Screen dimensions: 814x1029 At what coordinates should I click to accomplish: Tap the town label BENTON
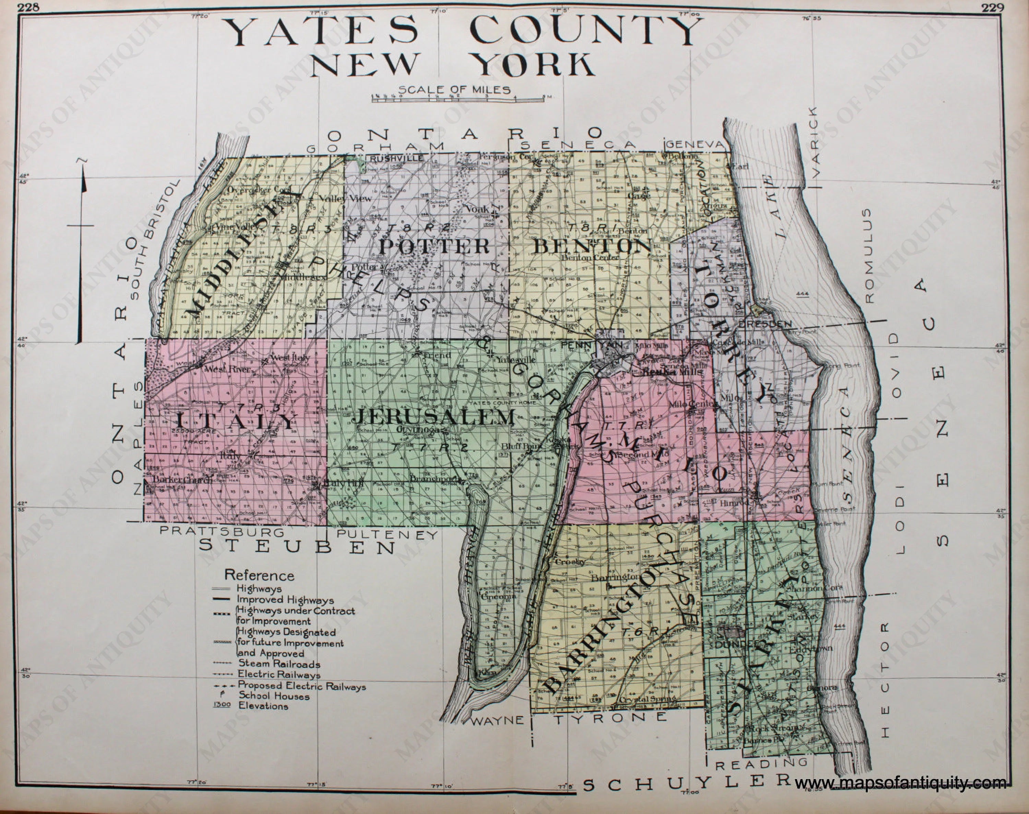click(x=591, y=247)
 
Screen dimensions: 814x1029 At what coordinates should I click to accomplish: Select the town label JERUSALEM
click(x=435, y=418)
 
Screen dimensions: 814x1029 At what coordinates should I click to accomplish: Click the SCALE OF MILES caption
click(x=455, y=89)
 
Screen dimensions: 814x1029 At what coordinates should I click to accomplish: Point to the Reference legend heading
click(x=259, y=575)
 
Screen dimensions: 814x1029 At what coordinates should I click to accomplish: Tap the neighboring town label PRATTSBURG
click(x=222, y=531)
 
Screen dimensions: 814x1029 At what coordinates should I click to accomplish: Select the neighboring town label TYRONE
click(x=611, y=717)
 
